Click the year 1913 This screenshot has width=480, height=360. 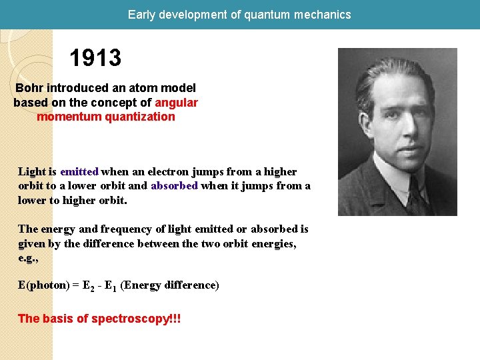click(x=95, y=59)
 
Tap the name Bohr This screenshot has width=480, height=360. click(x=29, y=88)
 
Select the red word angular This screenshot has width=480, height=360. click(x=176, y=103)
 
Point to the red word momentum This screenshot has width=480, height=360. click(x=66, y=117)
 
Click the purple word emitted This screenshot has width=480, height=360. click(x=79, y=172)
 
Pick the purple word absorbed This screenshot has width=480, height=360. click(x=174, y=186)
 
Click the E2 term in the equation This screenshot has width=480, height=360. click(x=87, y=286)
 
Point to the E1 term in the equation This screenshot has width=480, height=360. click(x=110, y=286)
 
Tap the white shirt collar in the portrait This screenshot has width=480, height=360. click(x=390, y=173)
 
